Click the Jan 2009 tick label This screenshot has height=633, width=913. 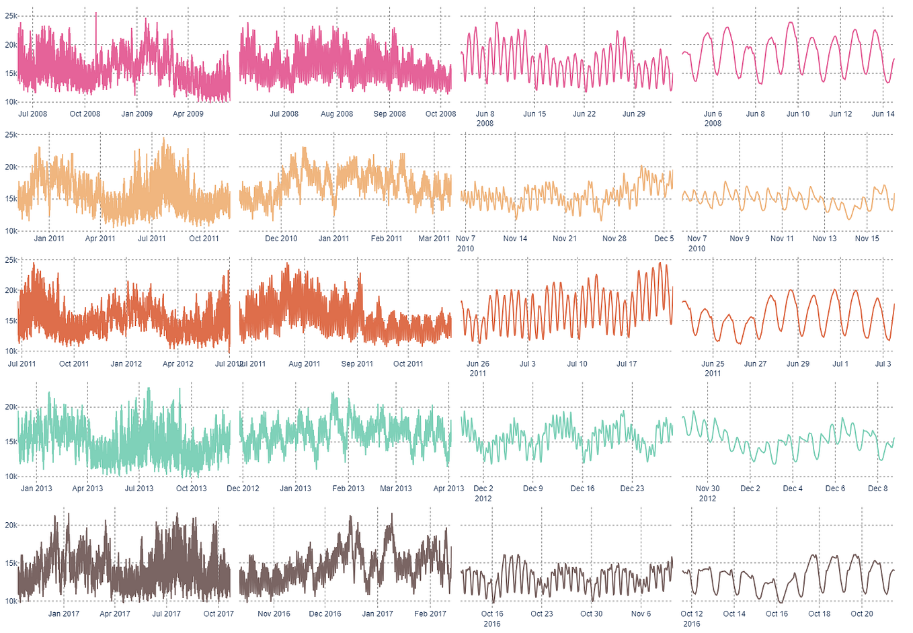136,114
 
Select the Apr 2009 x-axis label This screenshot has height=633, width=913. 188,114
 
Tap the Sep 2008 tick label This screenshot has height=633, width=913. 389,114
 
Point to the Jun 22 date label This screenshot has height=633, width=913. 584,114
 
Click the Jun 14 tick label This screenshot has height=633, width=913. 883,114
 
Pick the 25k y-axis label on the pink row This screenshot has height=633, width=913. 11,16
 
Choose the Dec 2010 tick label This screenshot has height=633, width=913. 281,239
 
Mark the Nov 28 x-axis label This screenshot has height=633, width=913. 614,239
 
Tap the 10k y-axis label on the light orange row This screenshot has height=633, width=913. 11,230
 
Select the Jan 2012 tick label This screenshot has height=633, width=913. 126,364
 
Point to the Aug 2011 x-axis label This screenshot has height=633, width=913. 304,364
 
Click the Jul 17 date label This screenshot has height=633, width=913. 626,364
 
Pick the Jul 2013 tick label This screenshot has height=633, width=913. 138,489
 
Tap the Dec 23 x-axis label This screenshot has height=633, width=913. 631,489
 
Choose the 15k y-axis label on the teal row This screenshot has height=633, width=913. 11,441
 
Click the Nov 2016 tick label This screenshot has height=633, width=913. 274,614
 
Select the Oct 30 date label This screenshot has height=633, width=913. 591,614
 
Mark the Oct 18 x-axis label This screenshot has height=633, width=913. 819,614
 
